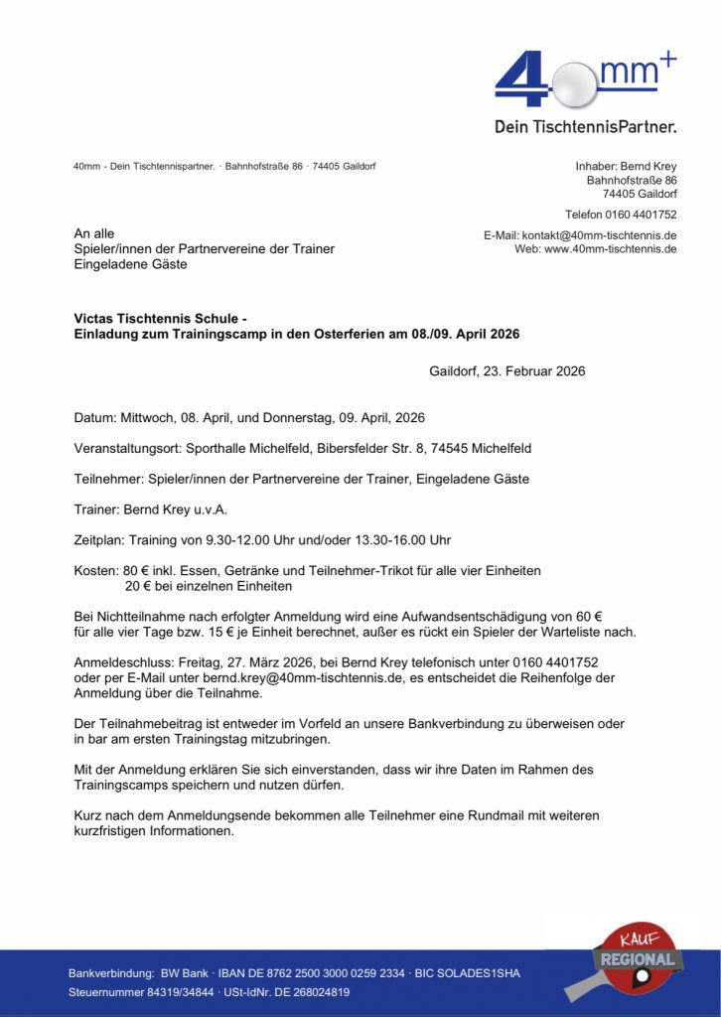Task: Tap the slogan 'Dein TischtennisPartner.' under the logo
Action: click(x=585, y=127)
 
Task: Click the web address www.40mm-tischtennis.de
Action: click(x=610, y=248)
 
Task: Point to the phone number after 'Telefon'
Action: click(x=642, y=215)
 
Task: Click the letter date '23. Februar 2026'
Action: click(x=534, y=371)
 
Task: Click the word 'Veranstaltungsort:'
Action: click(x=127, y=448)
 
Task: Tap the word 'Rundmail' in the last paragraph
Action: click(x=458, y=815)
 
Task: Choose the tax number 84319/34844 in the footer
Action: click(x=167, y=992)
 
